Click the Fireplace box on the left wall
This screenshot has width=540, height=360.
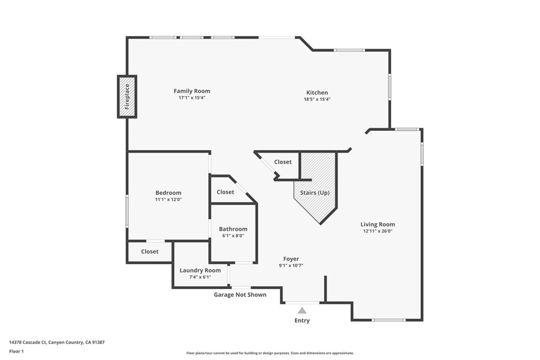tap(127, 96)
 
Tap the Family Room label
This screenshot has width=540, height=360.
tap(192, 91)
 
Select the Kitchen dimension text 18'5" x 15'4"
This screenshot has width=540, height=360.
tap(317, 99)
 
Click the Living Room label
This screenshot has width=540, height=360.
tap(378, 224)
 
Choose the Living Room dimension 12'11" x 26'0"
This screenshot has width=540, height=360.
tap(378, 231)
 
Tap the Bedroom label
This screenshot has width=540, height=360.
tap(168, 193)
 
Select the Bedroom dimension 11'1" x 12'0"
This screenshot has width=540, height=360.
tap(168, 200)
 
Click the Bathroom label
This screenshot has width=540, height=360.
tap(233, 229)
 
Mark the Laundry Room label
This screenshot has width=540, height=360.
tap(200, 270)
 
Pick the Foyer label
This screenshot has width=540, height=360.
tap(291, 259)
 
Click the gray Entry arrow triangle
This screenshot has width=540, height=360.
tap(302, 310)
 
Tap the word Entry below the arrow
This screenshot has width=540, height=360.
tap(302, 320)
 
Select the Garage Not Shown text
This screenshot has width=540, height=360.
tap(240, 295)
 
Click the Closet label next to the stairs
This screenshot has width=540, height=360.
tap(283, 162)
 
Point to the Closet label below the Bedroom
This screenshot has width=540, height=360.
tap(150, 251)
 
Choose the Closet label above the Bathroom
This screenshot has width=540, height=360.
tap(225, 192)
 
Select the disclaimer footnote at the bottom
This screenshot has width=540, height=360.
tap(270, 353)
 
